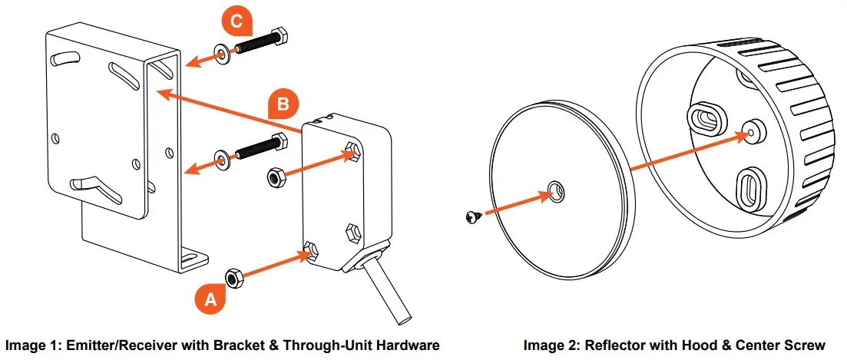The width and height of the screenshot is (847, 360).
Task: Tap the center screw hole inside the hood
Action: pos(753,129)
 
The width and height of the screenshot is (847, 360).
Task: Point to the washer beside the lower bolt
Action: pos(222,161)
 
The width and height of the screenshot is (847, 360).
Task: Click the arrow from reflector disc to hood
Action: pos(687,151)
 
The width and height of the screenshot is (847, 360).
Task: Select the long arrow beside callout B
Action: pos(230,110)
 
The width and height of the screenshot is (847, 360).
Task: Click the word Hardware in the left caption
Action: pos(411,346)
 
